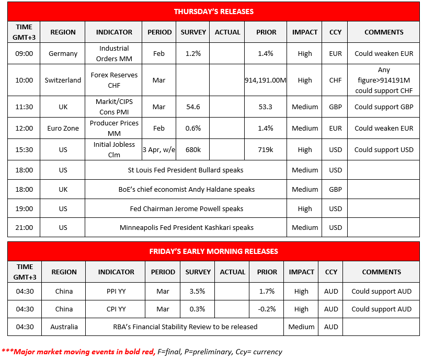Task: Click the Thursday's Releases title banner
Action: coord(213,11)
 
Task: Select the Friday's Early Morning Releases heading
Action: coord(213,251)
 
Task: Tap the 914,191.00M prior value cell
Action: coord(266,80)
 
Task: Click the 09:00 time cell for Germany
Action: coord(24,53)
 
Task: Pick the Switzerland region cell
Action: coord(63,80)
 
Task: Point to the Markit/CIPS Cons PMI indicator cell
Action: coord(114,107)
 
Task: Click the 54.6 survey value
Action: coord(193,107)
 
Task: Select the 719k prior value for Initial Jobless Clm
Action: coord(266,149)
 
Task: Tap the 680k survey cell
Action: coord(193,149)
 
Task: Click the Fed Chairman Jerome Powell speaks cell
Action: coord(186,208)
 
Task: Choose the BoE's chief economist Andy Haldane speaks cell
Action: coord(186,189)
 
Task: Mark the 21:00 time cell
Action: coord(24,227)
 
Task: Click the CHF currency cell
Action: coord(335,80)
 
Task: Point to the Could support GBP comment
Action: coord(384,107)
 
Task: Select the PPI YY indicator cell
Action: coord(116,291)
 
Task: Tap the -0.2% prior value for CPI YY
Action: coord(267,309)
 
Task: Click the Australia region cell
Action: coord(64,327)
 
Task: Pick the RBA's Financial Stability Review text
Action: coord(186,327)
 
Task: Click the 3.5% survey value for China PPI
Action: coord(198,291)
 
